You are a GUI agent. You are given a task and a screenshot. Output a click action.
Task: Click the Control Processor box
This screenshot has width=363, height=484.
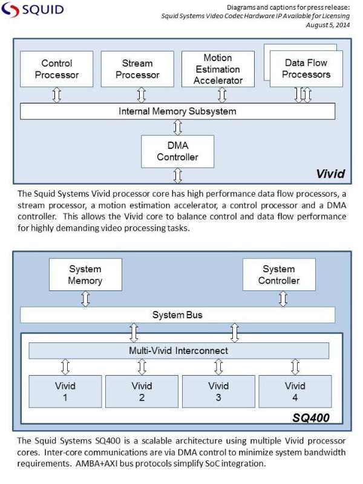coord(57,69)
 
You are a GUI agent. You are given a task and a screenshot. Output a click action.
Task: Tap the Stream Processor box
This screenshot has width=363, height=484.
coord(141,69)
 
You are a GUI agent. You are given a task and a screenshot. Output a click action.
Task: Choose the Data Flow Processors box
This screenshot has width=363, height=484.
coord(307,68)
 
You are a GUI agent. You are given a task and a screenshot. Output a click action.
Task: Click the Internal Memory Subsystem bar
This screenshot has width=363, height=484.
coord(177,111)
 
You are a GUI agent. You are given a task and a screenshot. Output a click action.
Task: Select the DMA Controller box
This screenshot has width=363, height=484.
coord(177,151)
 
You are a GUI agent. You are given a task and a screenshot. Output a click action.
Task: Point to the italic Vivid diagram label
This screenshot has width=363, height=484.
coord(330,174)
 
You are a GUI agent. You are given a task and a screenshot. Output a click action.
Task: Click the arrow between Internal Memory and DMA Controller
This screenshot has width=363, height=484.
coord(177,127)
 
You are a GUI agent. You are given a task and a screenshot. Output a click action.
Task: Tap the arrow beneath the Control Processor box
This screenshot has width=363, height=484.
coord(57,95)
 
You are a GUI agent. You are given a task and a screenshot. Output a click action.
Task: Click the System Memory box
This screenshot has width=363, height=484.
coord(85,275)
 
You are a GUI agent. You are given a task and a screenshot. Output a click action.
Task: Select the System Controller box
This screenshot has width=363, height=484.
coord(278,275)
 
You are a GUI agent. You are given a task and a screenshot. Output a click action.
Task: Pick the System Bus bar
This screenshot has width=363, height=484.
coord(177,315)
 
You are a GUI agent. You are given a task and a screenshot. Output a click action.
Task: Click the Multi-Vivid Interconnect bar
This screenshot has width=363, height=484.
coord(178,351)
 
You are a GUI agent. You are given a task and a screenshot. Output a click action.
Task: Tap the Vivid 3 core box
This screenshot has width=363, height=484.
coord(218,391)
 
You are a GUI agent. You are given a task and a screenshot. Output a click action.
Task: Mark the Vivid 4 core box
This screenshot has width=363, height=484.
coord(295,391)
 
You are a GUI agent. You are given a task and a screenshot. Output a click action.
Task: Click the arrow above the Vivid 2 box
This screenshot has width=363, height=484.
coord(142,367)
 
